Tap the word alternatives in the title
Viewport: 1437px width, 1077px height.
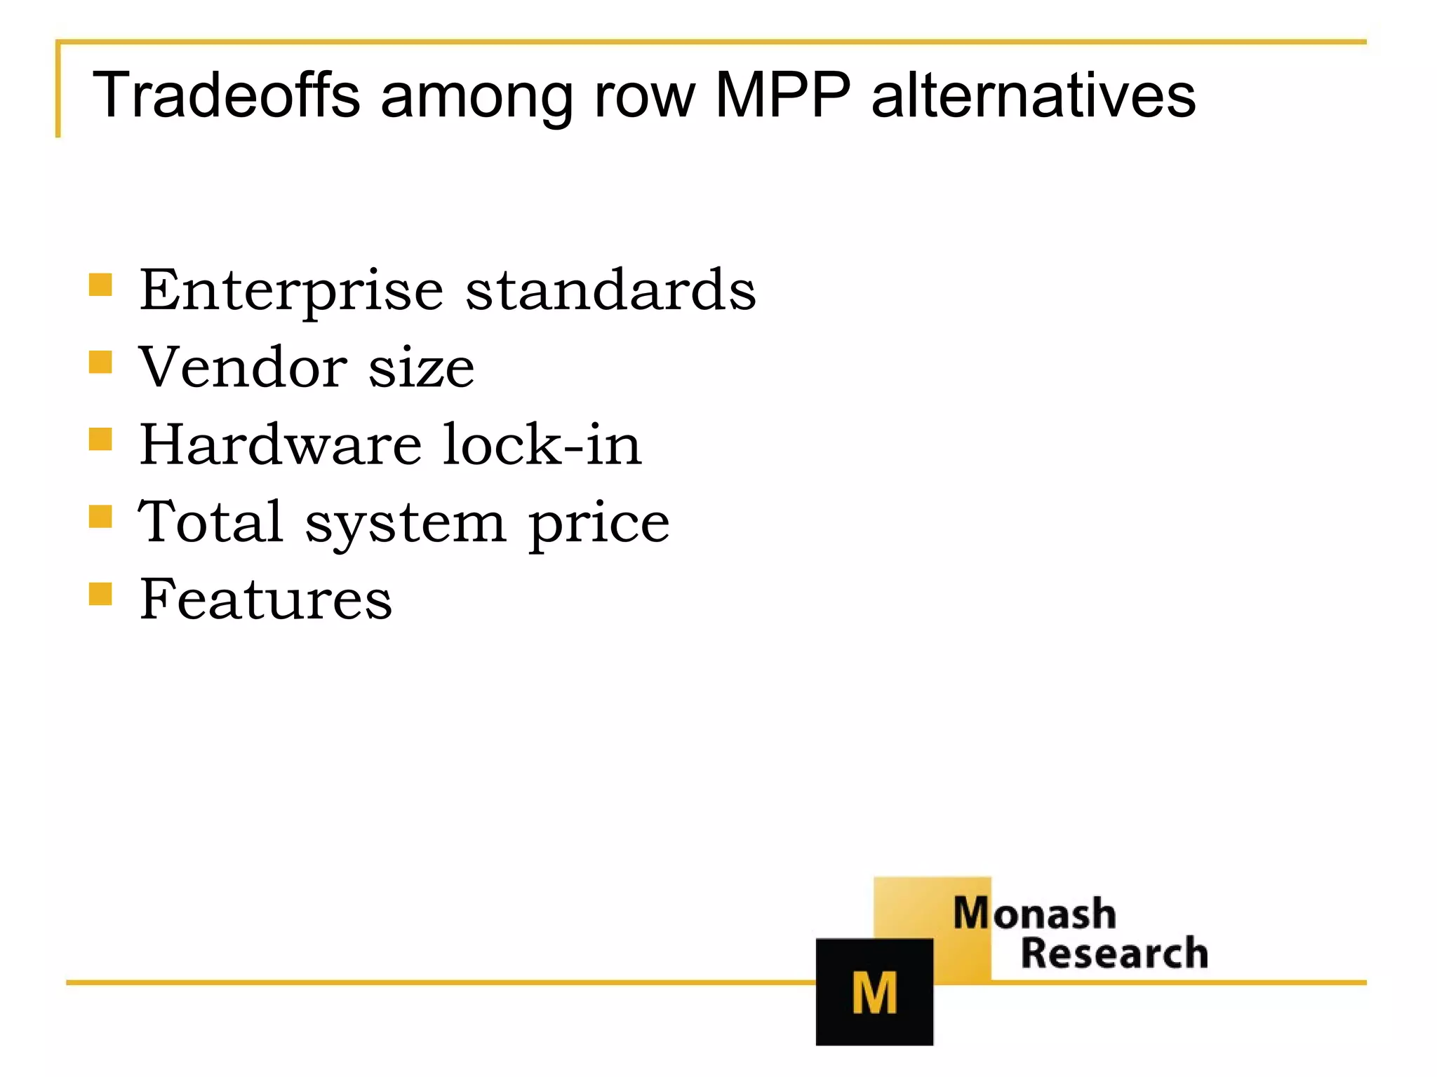tap(1033, 96)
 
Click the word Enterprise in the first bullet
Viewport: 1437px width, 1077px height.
tap(291, 291)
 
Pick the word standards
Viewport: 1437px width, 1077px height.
tap(610, 290)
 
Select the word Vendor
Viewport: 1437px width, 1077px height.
tap(242, 367)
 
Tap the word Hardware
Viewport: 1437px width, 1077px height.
tap(281, 444)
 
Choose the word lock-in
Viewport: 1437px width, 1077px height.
tap(542, 444)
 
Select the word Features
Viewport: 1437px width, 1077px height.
tap(265, 599)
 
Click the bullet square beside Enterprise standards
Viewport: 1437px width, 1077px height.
tap(101, 285)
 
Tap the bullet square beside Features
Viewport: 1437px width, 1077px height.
tap(101, 594)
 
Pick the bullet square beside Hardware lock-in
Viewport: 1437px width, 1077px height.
tap(101, 440)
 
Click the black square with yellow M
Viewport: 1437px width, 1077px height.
tap(874, 991)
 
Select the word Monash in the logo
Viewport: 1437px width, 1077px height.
tap(1034, 914)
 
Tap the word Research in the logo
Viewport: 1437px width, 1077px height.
tap(1114, 954)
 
